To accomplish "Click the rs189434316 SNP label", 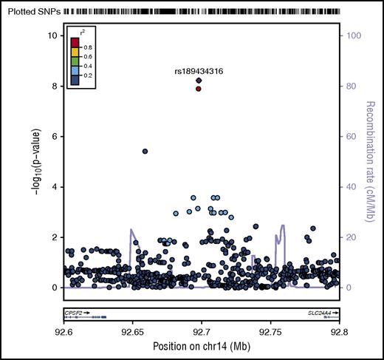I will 199,71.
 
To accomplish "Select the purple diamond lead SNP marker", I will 199,81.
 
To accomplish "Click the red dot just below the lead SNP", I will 199,89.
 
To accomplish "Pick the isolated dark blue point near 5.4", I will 145,151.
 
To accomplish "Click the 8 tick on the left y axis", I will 47,86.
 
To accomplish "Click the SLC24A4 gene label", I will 319,313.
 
